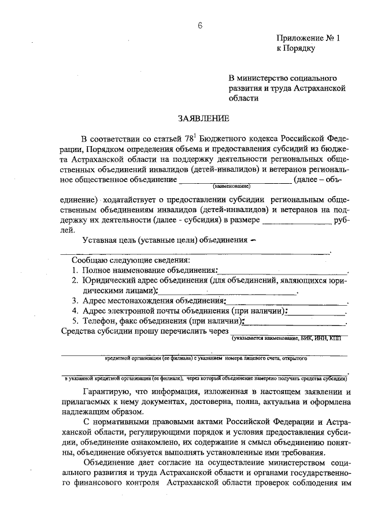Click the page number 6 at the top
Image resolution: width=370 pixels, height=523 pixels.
[199, 25]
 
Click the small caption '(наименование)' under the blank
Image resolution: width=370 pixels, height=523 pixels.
[231, 187]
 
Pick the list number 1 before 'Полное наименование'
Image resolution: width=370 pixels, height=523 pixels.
[75, 270]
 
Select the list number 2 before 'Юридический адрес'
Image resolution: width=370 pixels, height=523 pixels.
[75, 280]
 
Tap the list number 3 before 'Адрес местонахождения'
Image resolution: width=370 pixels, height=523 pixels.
[75, 301]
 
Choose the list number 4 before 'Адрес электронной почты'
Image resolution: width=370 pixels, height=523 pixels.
[75, 311]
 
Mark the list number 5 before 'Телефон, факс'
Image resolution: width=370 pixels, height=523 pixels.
[75, 321]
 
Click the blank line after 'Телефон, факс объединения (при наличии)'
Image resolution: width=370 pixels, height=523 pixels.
[295, 323]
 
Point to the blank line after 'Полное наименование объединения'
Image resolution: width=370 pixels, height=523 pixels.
[283, 272]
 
